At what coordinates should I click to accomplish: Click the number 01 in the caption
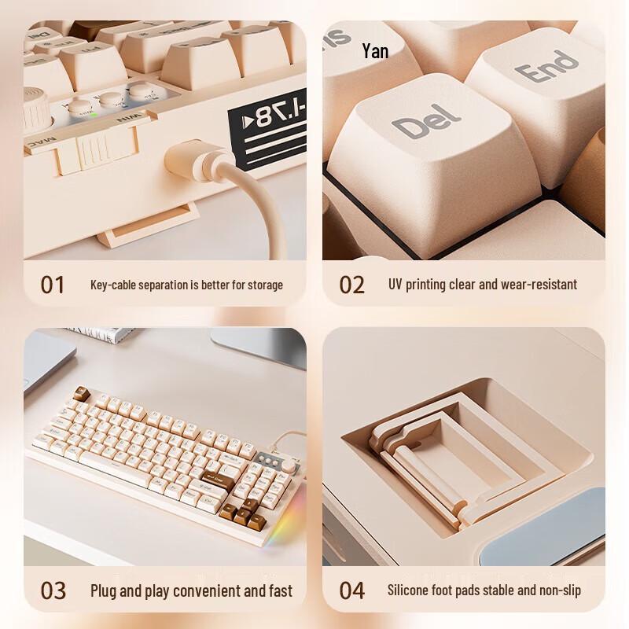click(x=53, y=284)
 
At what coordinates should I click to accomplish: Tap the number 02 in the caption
click(x=351, y=284)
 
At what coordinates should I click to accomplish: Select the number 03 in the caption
click(x=53, y=590)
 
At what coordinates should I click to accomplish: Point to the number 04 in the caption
click(x=351, y=590)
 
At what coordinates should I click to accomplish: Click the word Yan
click(x=375, y=51)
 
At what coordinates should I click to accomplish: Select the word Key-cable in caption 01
click(x=113, y=285)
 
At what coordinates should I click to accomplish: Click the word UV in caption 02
click(x=395, y=284)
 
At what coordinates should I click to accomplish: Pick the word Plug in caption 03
click(x=105, y=590)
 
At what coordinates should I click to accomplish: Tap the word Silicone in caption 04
click(x=410, y=590)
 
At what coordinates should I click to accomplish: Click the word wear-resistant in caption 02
click(x=534, y=284)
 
